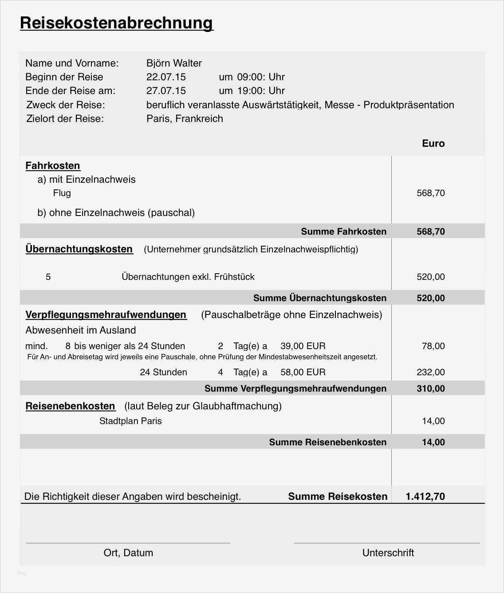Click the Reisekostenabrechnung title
(117, 23)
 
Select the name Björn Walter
(174, 63)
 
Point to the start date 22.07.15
(166, 77)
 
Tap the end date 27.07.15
(166, 90)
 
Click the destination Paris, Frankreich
(185, 118)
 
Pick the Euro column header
(433, 143)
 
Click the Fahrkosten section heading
(53, 165)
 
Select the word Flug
(62, 193)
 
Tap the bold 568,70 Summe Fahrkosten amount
(430, 232)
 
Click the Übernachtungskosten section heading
(79, 249)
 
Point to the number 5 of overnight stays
(48, 277)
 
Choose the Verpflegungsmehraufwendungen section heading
(106, 314)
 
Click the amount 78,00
(433, 346)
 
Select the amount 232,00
(430, 372)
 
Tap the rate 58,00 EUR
(303, 372)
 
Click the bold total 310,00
(430, 389)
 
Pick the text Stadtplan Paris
(130, 421)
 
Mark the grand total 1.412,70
(425, 496)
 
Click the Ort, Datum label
(128, 553)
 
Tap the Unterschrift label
(388, 553)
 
